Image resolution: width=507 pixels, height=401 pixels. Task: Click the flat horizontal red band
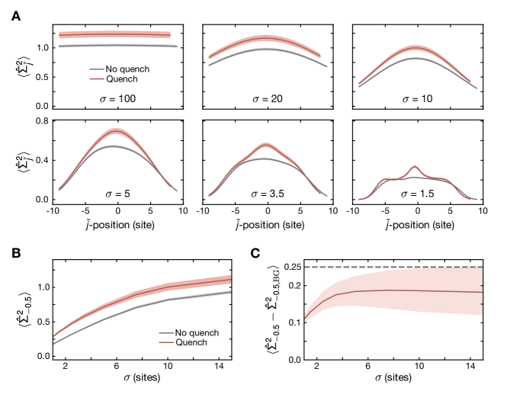114,34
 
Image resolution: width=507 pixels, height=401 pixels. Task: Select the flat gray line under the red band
118,46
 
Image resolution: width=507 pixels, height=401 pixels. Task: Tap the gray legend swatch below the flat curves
97,69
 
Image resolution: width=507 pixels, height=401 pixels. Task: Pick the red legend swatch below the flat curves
97,78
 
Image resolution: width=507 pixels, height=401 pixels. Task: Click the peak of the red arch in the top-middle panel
265,37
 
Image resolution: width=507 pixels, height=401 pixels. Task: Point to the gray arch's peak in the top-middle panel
265,49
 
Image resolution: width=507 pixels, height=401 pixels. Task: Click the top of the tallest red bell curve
116,131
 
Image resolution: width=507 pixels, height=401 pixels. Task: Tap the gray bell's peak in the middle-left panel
113,146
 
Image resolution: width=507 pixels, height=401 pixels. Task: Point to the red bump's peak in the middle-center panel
265,145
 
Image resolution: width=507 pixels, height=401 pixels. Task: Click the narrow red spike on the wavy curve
414,166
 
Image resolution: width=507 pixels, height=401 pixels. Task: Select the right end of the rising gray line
230,292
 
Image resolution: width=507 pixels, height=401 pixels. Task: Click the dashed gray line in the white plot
393,268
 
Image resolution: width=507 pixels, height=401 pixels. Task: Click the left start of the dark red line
305,318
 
